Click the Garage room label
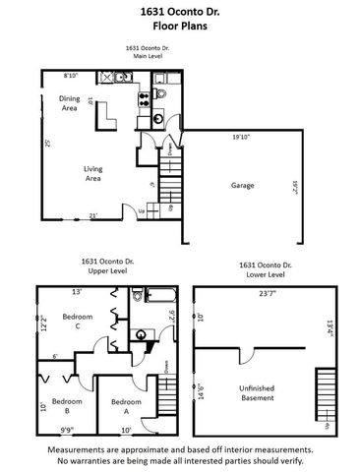pos(242,185)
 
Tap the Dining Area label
pos(69,103)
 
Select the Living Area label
pos(94,175)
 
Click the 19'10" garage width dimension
pos(243,136)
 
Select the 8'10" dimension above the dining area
pos(71,76)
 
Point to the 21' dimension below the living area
pos(93,216)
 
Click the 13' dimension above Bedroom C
pos(76,292)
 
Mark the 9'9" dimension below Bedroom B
pos(67,430)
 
